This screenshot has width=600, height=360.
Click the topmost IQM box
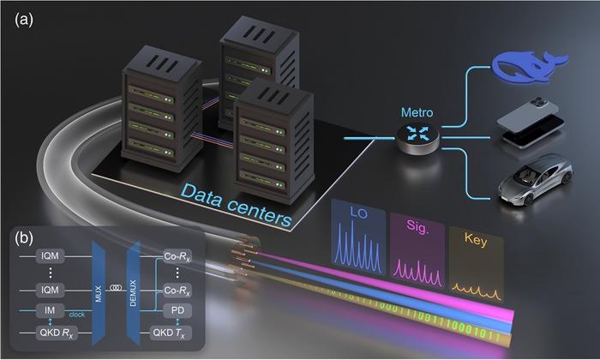pyautogui.click(x=46, y=256)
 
